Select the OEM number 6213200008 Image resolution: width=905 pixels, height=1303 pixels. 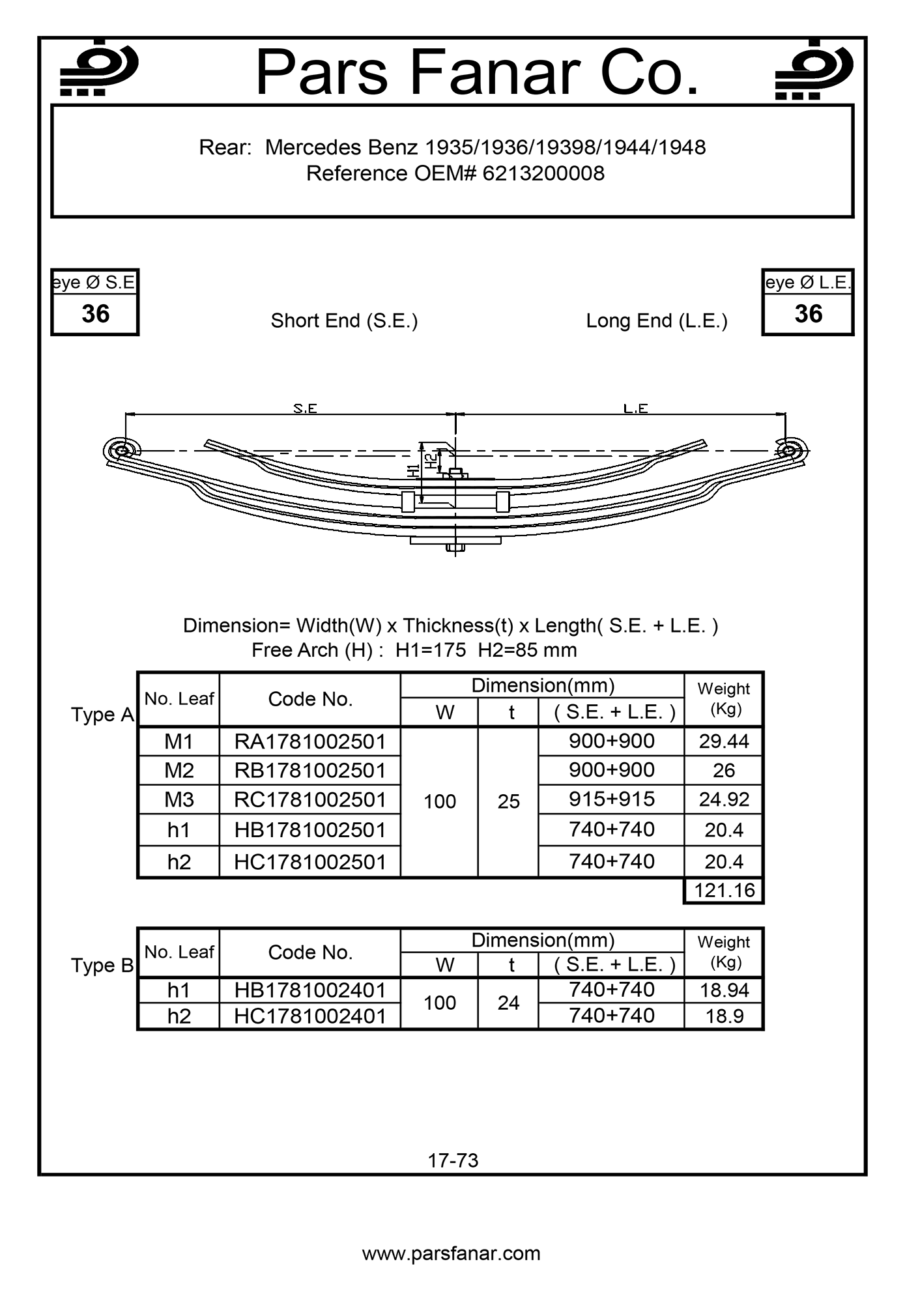click(543, 173)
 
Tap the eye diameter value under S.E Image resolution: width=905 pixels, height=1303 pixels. click(95, 314)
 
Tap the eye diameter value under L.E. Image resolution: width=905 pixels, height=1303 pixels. click(808, 314)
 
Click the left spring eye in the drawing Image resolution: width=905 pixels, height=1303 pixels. click(121, 451)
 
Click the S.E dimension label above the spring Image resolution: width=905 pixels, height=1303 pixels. click(305, 408)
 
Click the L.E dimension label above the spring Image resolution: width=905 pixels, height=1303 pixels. click(635, 408)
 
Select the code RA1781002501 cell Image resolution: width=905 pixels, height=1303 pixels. click(310, 741)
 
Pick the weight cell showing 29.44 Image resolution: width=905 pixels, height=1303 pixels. click(723, 741)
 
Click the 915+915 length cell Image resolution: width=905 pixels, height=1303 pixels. click(611, 799)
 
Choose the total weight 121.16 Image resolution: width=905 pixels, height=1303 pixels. click(724, 890)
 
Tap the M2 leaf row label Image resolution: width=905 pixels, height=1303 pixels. click(179, 771)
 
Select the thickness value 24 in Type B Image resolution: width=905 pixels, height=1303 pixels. click(508, 1003)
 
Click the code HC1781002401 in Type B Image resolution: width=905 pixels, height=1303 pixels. click(310, 1016)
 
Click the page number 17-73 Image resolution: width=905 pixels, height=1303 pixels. click(453, 1160)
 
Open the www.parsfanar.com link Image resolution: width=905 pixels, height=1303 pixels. click(451, 1253)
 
